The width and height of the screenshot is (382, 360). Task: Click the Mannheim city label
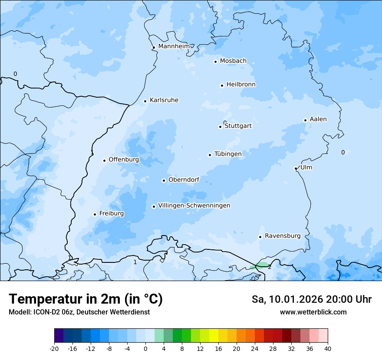[x=174, y=46]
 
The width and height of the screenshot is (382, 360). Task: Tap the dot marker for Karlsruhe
[x=145, y=101]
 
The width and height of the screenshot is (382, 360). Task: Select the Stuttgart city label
[x=238, y=126]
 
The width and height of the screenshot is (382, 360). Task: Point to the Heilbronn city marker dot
[x=222, y=85]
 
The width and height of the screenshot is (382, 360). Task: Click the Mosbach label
[x=233, y=61]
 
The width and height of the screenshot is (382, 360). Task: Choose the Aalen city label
[x=318, y=119]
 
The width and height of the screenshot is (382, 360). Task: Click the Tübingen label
[x=228, y=154]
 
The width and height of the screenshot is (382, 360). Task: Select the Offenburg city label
[x=124, y=160]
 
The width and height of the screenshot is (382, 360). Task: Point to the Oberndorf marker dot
[x=164, y=180]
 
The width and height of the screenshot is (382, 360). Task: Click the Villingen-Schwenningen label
[x=194, y=206]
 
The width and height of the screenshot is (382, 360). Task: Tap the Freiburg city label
[x=112, y=213]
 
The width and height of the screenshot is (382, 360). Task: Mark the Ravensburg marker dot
[x=260, y=237]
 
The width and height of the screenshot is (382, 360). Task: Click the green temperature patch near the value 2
[x=262, y=265]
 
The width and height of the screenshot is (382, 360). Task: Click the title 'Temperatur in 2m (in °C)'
[x=86, y=299]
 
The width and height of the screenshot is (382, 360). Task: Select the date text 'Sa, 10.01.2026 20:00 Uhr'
[x=311, y=299]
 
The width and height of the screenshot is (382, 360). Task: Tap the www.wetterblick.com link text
[x=313, y=312]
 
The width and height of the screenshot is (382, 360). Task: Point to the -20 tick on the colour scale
[x=54, y=348]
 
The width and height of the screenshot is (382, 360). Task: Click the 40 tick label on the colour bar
[x=328, y=348]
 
